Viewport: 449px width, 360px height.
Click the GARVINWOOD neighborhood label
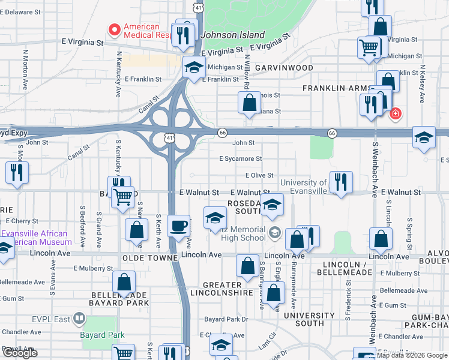tap(284, 68)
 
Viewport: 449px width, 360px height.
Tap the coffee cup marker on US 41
tap(179, 226)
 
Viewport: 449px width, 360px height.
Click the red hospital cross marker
tap(396, 113)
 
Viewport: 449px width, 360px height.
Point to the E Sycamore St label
tap(240, 159)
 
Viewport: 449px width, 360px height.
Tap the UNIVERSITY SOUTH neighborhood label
tap(309, 319)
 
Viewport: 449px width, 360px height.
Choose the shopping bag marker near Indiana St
tap(249, 103)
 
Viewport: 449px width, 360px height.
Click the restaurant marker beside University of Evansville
tap(341, 182)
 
